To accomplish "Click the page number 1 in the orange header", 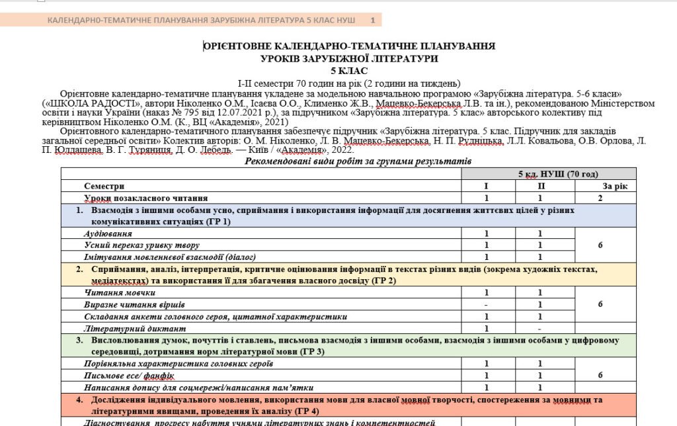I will coord(372,21).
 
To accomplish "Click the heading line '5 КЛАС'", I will coord(349,71).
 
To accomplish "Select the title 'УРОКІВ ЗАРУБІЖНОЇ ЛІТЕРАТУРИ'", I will coord(349,59).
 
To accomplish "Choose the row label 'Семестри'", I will coord(104,187).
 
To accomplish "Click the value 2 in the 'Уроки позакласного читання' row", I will coord(600,198).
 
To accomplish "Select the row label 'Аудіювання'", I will coord(108,234).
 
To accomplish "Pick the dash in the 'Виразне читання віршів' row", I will coord(487,305).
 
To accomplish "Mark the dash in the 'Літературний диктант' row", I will coord(539,329).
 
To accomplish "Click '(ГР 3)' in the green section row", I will coord(309,351).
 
